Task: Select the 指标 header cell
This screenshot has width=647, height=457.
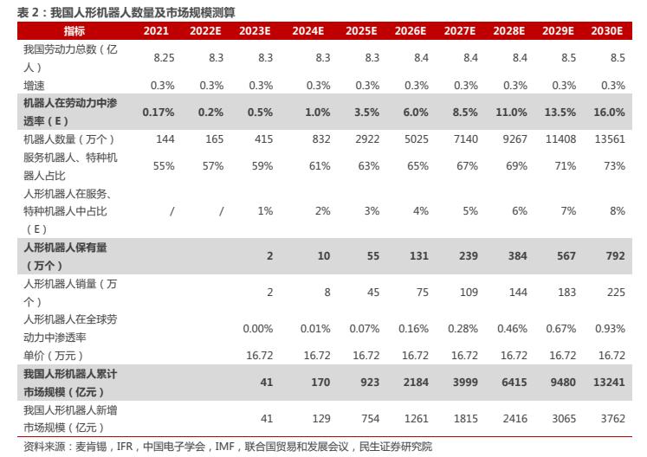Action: click(x=74, y=30)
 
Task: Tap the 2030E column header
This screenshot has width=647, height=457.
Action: click(x=607, y=30)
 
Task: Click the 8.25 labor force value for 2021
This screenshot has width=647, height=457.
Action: click(x=164, y=57)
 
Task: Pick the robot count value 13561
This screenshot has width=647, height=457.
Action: click(x=609, y=139)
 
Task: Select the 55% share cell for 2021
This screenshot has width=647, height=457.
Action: click(x=164, y=166)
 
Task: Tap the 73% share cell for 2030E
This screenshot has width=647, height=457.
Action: click(x=613, y=166)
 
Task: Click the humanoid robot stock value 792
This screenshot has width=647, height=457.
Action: click(x=615, y=256)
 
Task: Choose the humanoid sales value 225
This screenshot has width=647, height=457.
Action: click(x=615, y=293)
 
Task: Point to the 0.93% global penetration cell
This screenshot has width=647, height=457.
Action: click(x=610, y=329)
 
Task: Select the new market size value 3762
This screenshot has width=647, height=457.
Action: click(x=611, y=419)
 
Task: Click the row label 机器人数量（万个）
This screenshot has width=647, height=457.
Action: click(x=69, y=139)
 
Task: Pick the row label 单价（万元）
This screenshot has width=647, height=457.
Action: click(x=53, y=356)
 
